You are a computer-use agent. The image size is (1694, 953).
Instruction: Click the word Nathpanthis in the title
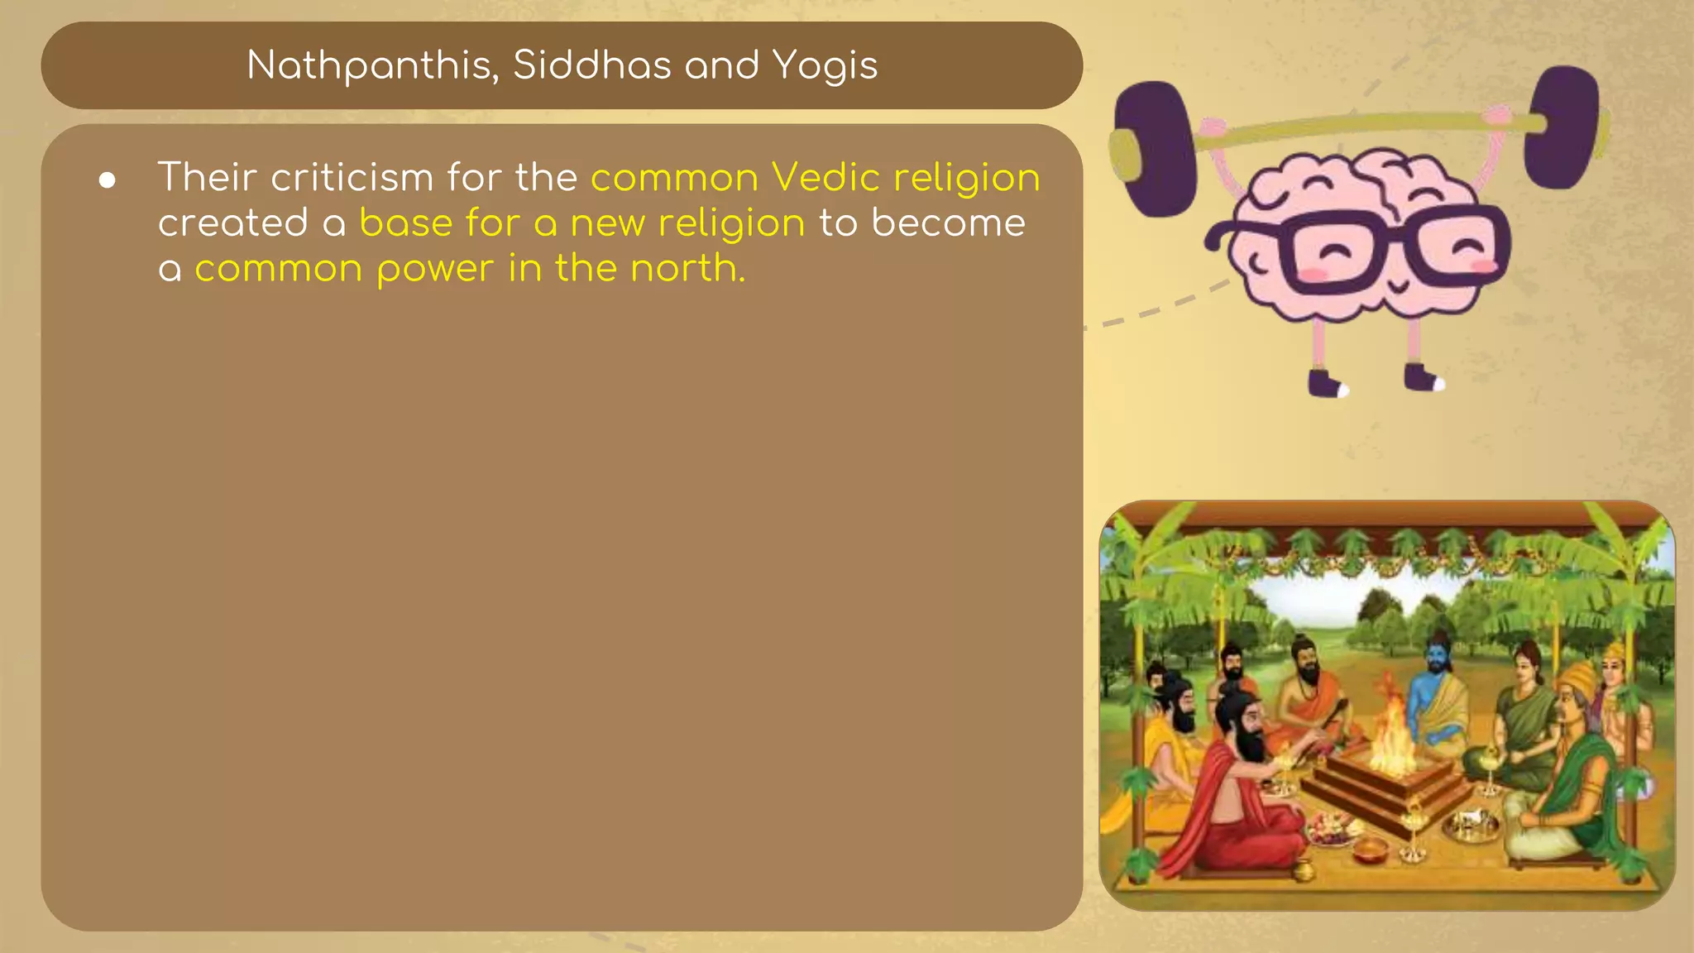pos(372,65)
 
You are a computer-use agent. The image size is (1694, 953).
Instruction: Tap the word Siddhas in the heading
pos(591,65)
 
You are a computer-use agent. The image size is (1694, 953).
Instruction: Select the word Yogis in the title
pos(825,65)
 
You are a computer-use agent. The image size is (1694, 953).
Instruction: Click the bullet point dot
pos(107,180)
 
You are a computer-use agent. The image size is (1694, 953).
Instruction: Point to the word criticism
pos(352,177)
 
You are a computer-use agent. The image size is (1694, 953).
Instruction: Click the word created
pos(233,223)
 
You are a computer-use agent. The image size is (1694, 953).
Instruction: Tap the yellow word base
pos(406,223)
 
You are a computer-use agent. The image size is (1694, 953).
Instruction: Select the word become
pos(948,223)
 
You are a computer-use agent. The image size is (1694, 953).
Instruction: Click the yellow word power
pos(435,270)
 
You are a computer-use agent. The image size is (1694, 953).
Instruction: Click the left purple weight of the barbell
pos(1153,149)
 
